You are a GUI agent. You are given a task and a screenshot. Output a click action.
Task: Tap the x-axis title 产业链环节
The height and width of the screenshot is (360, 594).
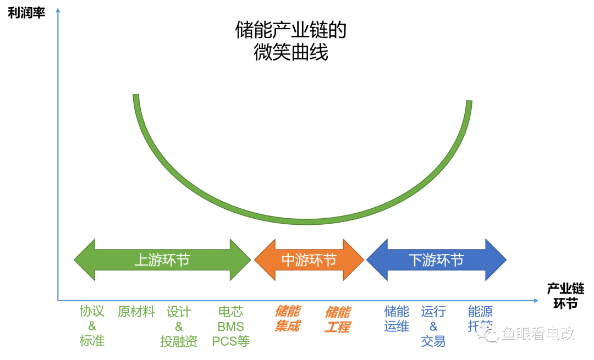tap(565, 296)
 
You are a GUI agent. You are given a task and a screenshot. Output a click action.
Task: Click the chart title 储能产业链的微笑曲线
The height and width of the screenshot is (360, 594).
tap(291, 41)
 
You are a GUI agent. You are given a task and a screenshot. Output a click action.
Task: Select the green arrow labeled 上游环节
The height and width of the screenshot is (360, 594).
tap(162, 259)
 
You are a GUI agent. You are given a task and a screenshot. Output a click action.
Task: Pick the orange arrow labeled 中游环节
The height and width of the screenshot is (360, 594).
tap(309, 259)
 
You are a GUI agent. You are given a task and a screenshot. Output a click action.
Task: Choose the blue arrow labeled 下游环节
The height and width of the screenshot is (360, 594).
tap(436, 259)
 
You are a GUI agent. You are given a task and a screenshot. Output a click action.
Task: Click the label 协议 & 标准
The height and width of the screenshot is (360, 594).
tap(92, 326)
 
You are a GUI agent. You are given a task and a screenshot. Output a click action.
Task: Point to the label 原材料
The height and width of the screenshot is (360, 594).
tap(136, 312)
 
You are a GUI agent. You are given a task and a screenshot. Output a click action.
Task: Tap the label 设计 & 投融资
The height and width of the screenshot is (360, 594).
tap(179, 326)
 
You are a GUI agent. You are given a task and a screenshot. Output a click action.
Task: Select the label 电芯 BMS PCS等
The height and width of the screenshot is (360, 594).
tap(231, 326)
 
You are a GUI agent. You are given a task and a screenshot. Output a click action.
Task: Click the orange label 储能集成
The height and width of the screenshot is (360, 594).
tap(287, 319)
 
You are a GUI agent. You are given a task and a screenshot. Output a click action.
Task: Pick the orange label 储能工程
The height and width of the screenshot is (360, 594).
tap(337, 319)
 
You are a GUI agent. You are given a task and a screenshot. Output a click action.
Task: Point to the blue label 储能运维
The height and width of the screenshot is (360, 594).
tap(397, 319)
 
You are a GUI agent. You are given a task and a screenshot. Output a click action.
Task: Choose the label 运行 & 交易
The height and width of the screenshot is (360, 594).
tap(433, 326)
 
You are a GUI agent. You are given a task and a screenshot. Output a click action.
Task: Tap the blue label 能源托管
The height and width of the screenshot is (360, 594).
tap(480, 318)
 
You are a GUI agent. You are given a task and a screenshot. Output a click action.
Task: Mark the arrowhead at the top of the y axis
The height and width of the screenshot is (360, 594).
tap(58, 9)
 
